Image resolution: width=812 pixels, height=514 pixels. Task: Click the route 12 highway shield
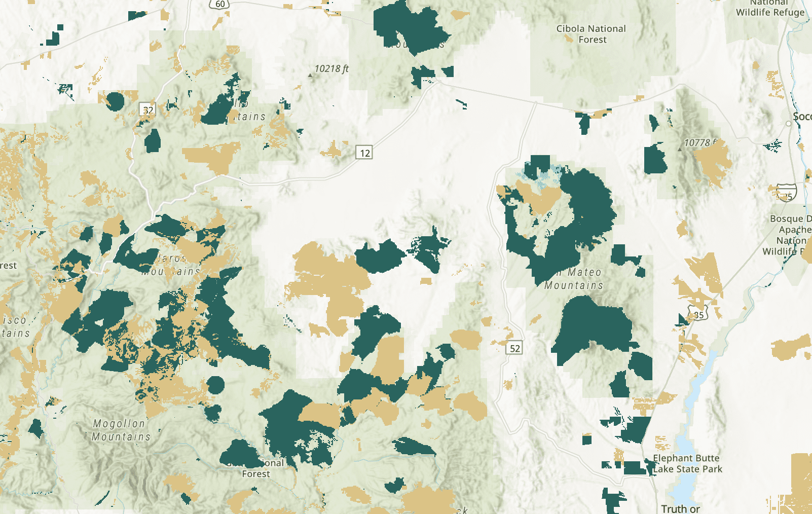[364, 152]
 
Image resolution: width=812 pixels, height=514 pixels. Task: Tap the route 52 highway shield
[514, 348]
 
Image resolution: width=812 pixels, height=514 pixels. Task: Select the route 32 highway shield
[147, 109]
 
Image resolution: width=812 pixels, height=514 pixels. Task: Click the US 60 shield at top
[220, 4]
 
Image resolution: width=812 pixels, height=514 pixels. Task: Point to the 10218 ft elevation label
[331, 68]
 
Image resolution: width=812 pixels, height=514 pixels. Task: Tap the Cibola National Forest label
[591, 34]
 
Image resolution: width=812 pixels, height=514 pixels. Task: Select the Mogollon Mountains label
[120, 430]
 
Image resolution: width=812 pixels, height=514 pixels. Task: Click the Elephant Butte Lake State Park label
[687, 463]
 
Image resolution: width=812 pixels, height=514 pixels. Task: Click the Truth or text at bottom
[680, 508]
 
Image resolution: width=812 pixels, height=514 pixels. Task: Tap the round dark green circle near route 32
[116, 101]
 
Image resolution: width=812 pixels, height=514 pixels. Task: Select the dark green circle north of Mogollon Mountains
[216, 385]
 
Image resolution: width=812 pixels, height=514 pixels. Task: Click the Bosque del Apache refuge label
[790, 235]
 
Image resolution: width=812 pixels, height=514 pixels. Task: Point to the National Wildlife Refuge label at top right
[770, 8]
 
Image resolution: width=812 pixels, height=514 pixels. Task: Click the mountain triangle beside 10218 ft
[310, 76]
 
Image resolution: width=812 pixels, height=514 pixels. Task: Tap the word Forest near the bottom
[256, 474]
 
